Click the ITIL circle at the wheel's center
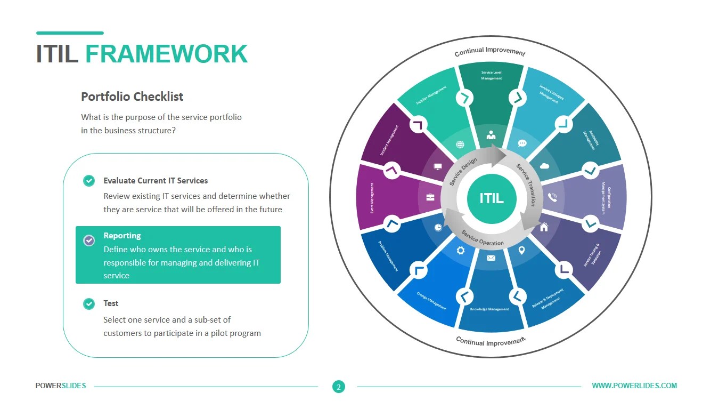[x=491, y=198]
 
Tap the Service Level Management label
[x=491, y=75]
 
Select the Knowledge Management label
[x=489, y=309]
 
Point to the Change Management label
[x=431, y=300]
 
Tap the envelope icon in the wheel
[x=491, y=258]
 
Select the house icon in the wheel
[x=544, y=227]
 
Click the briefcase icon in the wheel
[x=430, y=197]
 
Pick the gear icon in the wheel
[x=461, y=250]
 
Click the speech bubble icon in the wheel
[x=522, y=143]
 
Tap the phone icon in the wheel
[x=552, y=198]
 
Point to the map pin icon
[x=521, y=250]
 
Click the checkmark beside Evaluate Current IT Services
[x=89, y=181]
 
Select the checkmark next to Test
[x=89, y=303]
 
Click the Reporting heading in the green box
[x=122, y=236]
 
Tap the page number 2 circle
[x=338, y=387]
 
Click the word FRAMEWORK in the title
[x=166, y=54]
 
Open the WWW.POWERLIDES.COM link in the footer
[x=634, y=386]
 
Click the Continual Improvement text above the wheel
[x=489, y=52]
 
